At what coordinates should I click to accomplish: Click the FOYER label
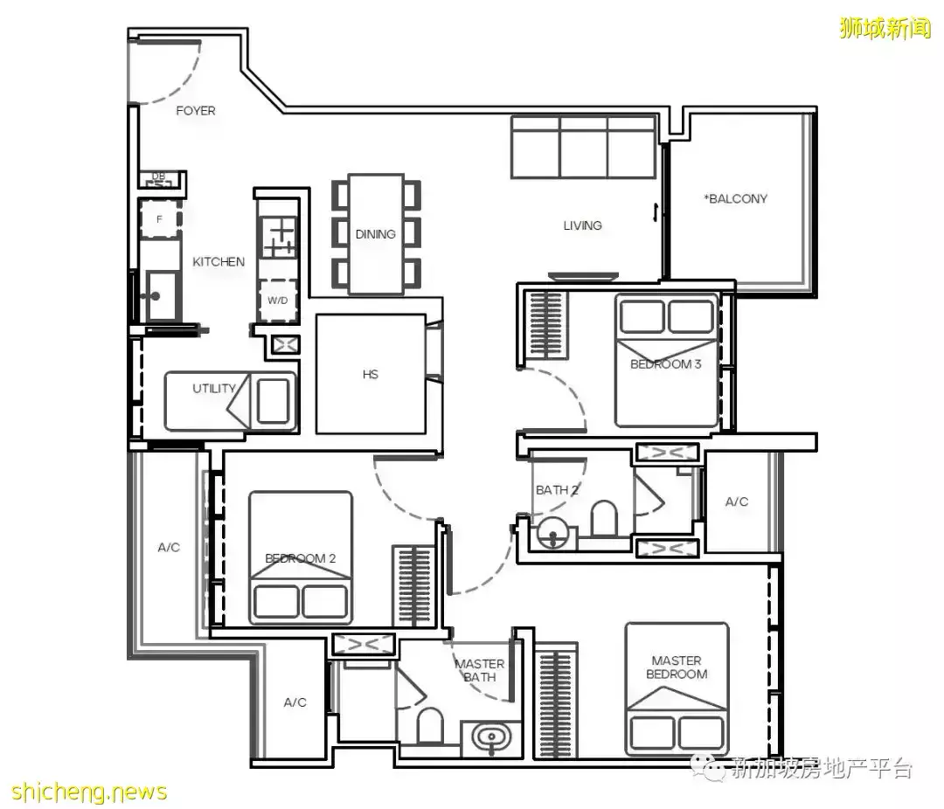(x=196, y=111)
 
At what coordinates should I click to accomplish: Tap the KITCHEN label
(x=219, y=262)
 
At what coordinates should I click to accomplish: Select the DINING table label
(x=376, y=234)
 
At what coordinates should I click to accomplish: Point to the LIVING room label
(x=583, y=225)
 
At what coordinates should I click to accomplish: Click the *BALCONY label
(x=736, y=198)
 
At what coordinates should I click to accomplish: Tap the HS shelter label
(x=371, y=375)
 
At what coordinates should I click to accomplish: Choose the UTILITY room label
(x=214, y=388)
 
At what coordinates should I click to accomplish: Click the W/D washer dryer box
(x=278, y=301)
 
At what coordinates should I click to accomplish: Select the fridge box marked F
(x=160, y=219)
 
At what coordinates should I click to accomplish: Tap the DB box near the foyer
(x=158, y=179)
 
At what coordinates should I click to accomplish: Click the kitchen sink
(x=161, y=295)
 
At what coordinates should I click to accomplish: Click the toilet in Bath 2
(x=605, y=519)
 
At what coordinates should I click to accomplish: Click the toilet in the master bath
(x=429, y=725)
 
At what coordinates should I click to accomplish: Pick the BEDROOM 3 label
(x=666, y=364)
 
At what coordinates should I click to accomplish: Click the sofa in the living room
(x=583, y=148)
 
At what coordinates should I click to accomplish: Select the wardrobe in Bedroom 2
(x=413, y=587)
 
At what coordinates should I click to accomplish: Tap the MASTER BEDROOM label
(x=677, y=667)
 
